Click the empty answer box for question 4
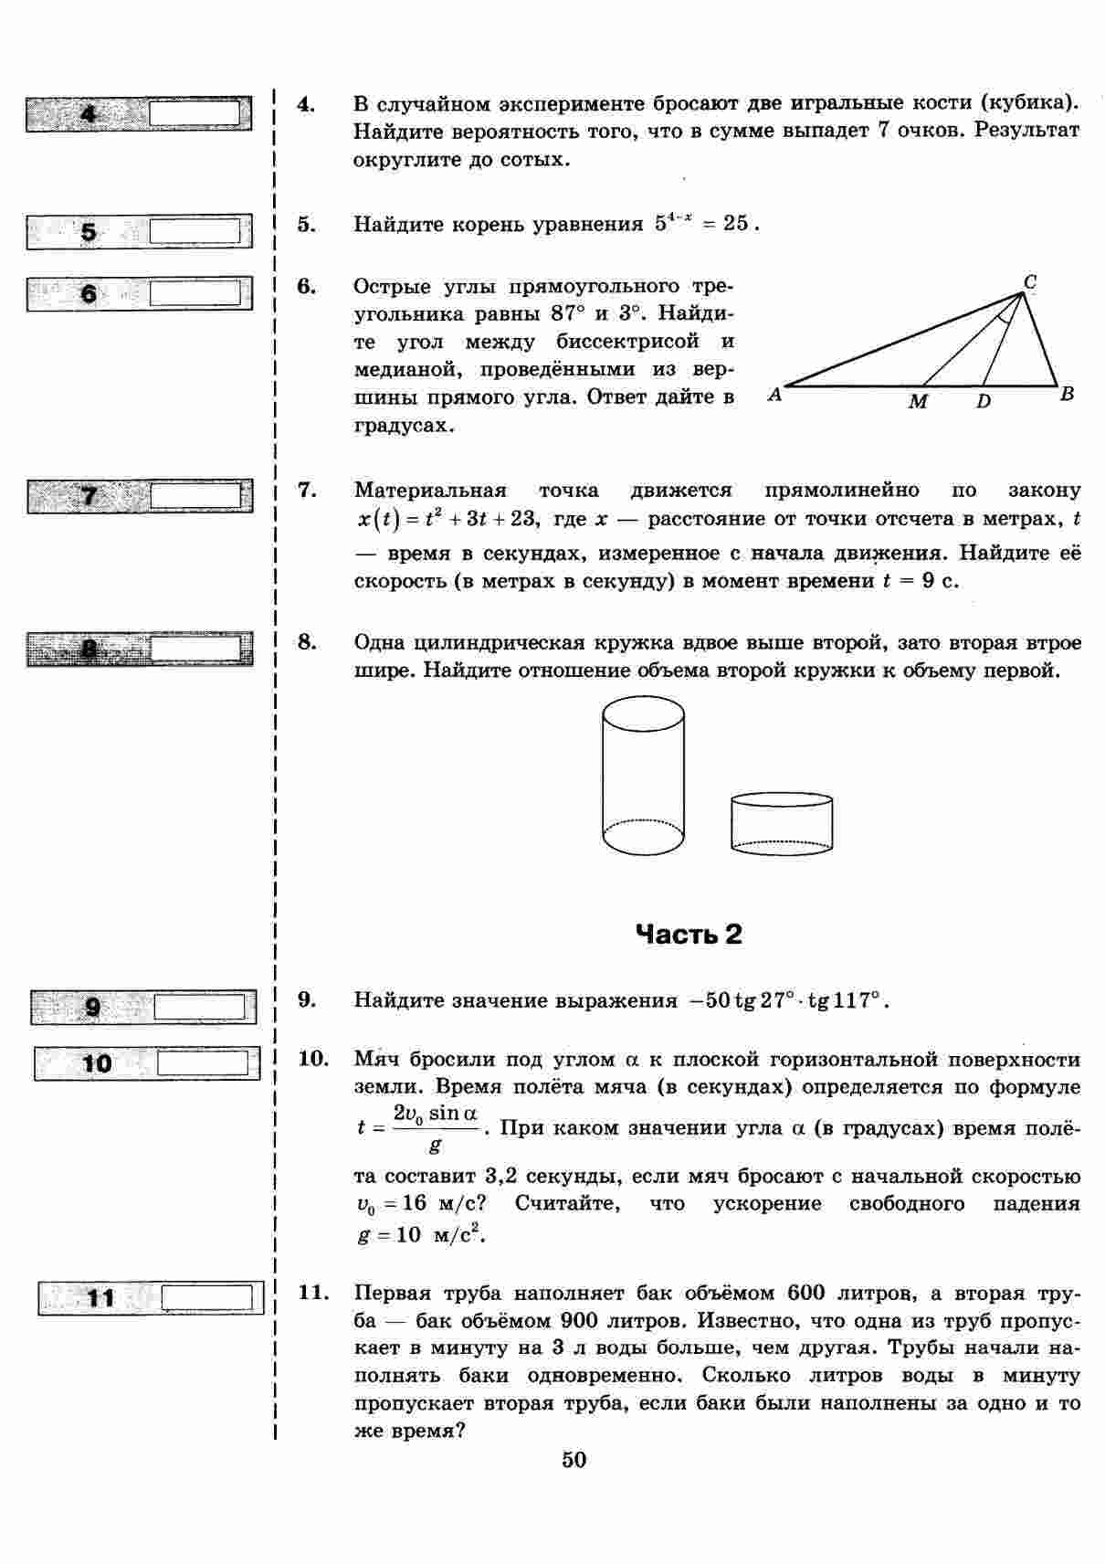[195, 113]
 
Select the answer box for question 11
[207, 1297]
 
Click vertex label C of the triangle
[1029, 283]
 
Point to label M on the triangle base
[918, 402]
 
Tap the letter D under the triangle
[984, 402]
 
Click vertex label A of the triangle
[774, 396]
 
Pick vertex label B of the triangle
[1067, 395]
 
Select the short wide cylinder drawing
[782, 823]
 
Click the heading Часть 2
[689, 934]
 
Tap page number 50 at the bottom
[574, 1460]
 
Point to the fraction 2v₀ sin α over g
[436, 1127]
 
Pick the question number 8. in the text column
[307, 641]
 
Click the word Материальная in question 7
[430, 490]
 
